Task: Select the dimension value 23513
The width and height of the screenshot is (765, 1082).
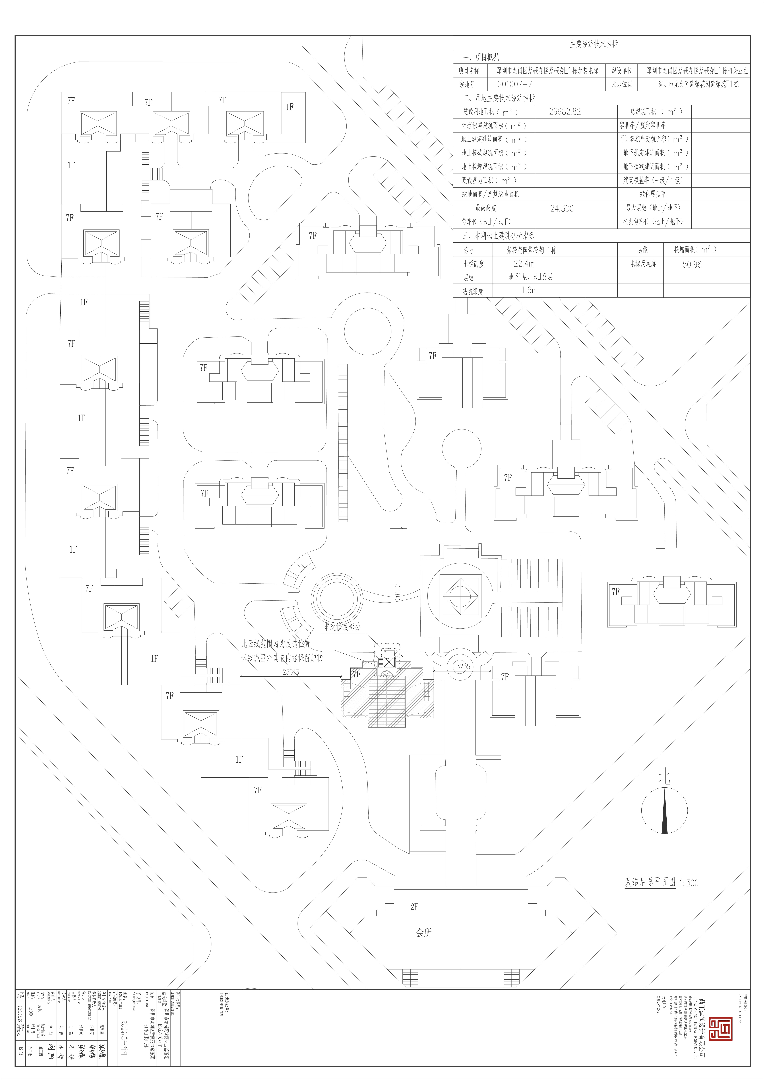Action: pyautogui.click(x=291, y=672)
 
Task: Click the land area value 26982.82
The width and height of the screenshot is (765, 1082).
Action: pyautogui.click(x=565, y=112)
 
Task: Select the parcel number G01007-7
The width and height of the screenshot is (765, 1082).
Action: pyautogui.click(x=515, y=84)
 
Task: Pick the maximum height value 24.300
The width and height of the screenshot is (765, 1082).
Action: pyautogui.click(x=562, y=208)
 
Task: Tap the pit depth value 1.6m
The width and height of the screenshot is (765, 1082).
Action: pyautogui.click(x=529, y=290)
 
